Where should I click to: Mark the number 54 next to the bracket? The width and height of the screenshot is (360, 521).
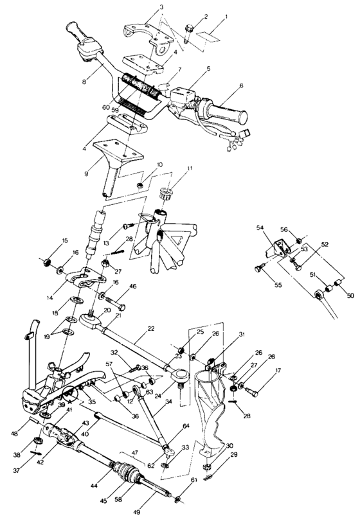(x=260, y=228)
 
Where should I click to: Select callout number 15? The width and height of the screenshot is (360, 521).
(x=47, y=240)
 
